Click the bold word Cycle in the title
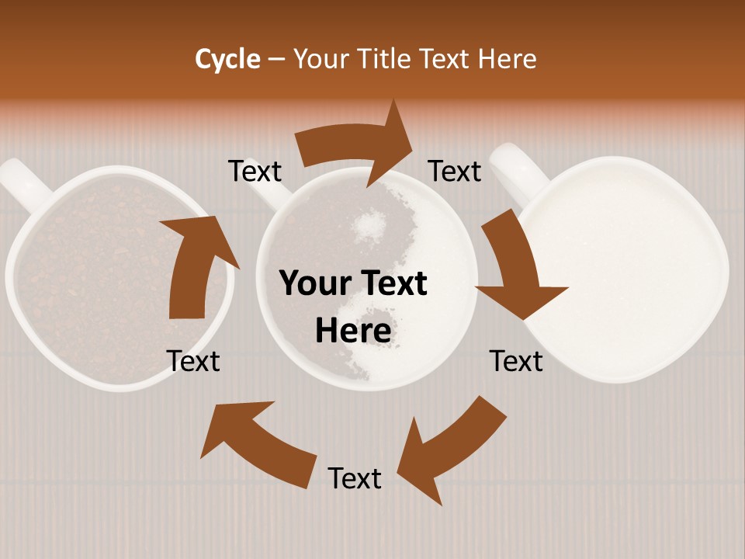tap(227, 59)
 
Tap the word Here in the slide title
tap(507, 59)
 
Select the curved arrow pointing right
tap(357, 144)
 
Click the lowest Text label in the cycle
tap(355, 478)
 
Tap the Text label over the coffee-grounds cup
tap(193, 361)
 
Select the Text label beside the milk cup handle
tap(456, 171)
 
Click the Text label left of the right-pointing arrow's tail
tap(255, 171)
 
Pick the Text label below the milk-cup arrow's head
tap(516, 361)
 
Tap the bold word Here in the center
tap(353, 331)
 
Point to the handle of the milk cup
tap(516, 171)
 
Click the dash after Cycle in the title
tap(276, 59)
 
